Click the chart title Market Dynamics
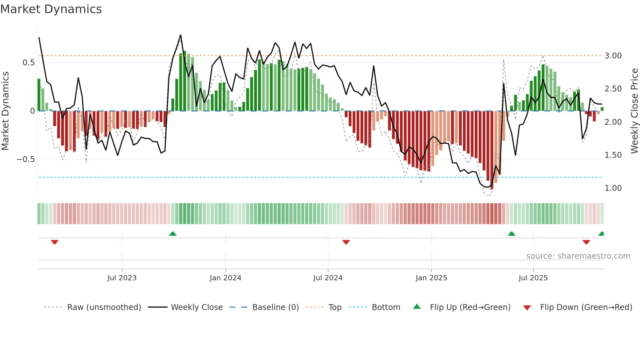pyautogui.click(x=51, y=9)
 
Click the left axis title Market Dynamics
pyautogui.click(x=5, y=111)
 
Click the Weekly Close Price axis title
pyautogui.click(x=634, y=111)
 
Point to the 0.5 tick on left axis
pyautogui.click(x=28, y=63)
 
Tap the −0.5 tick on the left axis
pyautogui.click(x=26, y=159)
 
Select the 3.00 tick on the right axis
pyautogui.click(x=613, y=56)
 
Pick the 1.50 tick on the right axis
pyautogui.click(x=613, y=155)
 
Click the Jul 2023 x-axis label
pyautogui.click(x=122, y=278)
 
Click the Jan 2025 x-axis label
pyautogui.click(x=431, y=278)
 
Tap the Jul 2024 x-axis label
pyautogui.click(x=328, y=278)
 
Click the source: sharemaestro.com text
pyautogui.click(x=578, y=256)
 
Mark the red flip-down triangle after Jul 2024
pyautogui.click(x=346, y=242)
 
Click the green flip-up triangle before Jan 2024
pyautogui.click(x=173, y=234)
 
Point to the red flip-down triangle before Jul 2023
pyautogui.click(x=55, y=242)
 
